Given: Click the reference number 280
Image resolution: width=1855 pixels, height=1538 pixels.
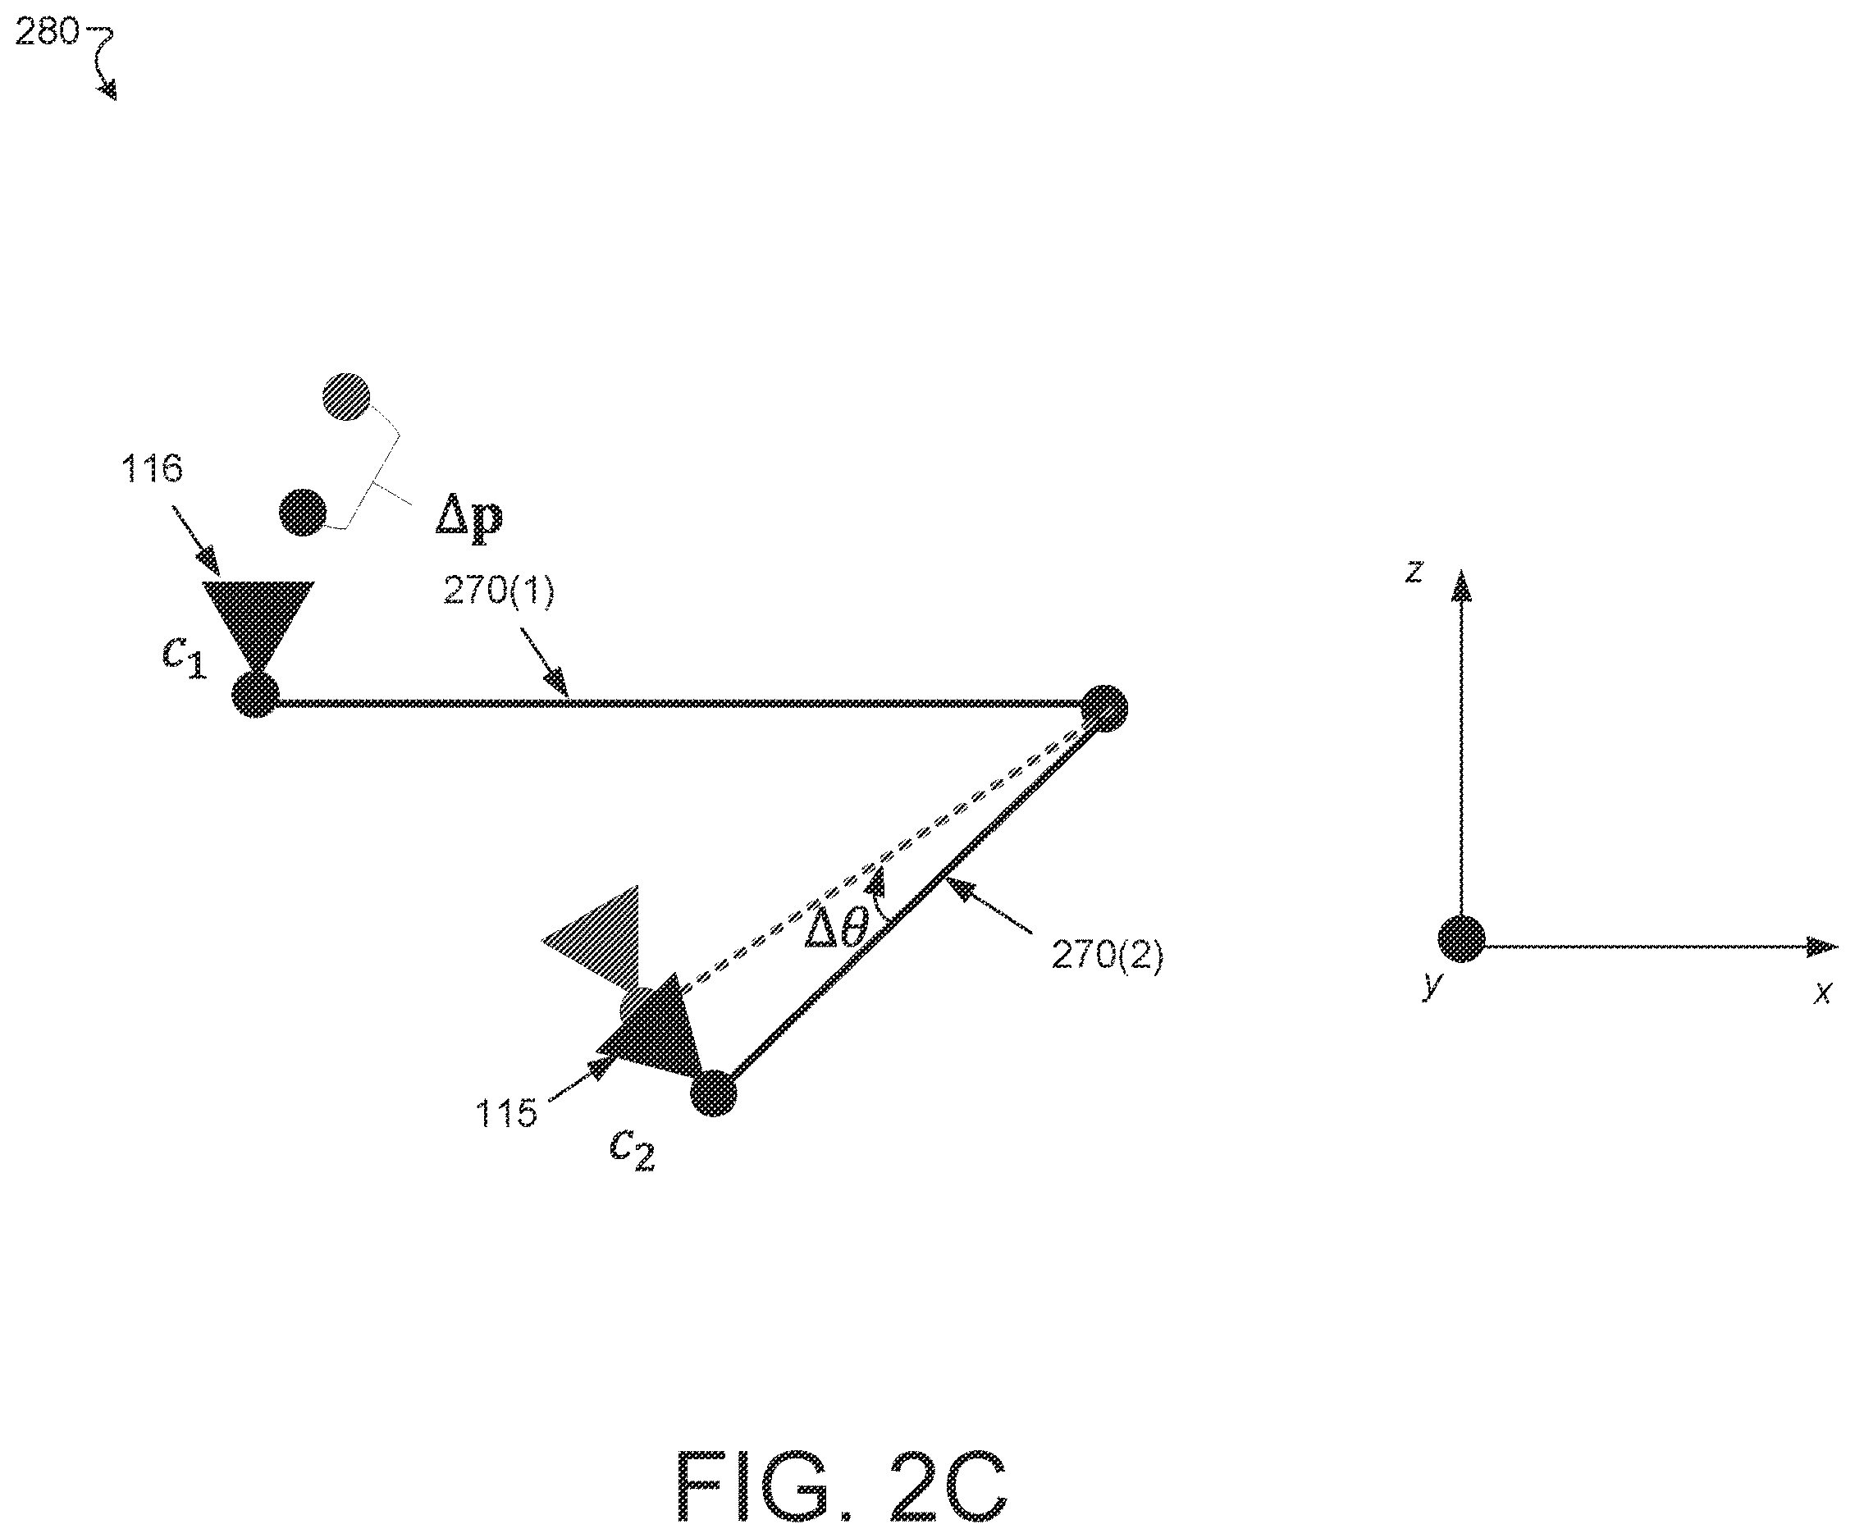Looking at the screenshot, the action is point(47,33).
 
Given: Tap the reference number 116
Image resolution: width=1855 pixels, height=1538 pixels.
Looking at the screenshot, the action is point(152,468).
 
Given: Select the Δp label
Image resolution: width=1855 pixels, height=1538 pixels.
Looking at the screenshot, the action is point(469,517).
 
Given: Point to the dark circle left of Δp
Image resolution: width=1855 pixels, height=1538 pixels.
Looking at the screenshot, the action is point(302,513).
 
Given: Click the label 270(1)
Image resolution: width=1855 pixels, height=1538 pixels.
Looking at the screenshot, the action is point(499,590).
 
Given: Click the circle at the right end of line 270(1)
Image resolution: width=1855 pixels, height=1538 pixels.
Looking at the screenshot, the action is point(1104,708).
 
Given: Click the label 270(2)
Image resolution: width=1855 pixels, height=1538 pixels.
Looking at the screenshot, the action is point(1108,955).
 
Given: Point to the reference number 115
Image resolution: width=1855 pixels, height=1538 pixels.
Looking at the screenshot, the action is point(506,1113).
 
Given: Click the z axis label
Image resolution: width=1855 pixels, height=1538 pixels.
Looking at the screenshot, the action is point(1414,572).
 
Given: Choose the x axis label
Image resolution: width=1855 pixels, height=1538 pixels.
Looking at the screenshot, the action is point(1821,993).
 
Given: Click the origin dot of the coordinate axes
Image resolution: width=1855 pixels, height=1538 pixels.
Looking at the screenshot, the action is point(1462,939).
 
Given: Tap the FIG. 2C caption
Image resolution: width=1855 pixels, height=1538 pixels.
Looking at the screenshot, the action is point(841,1487).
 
